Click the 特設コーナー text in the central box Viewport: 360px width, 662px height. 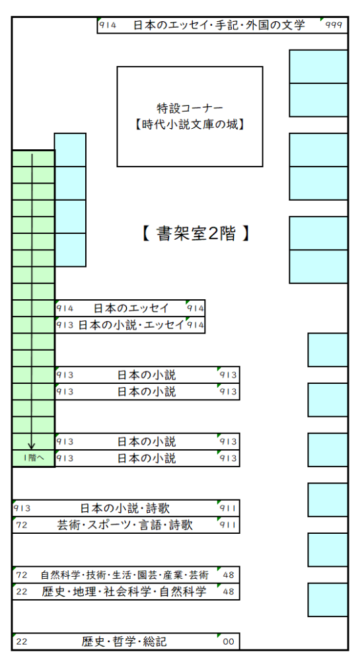pyautogui.click(x=190, y=108)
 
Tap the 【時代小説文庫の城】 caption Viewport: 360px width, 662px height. pyautogui.click(x=190, y=125)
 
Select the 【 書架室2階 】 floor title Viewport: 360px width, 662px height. pyautogui.click(x=196, y=233)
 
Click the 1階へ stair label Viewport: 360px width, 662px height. pyautogui.click(x=33, y=458)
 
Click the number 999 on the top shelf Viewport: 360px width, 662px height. pyautogui.click(x=334, y=25)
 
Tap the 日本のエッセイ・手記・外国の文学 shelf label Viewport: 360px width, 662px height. pyautogui.click(x=219, y=25)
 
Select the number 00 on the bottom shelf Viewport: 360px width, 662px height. pyautogui.click(x=229, y=642)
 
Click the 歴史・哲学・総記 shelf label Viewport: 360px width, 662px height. pyautogui.click(x=124, y=642)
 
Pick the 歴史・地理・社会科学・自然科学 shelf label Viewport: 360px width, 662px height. pyautogui.click(x=124, y=591)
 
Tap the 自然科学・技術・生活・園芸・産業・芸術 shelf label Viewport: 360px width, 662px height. pyautogui.click(x=124, y=575)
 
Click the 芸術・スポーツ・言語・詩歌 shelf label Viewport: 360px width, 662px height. pyautogui.click(x=125, y=525)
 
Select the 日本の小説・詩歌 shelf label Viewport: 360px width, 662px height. pyautogui.click(x=125, y=508)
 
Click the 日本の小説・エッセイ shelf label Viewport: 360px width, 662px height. pyautogui.click(x=131, y=325)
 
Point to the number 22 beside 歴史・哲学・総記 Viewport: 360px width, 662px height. pyautogui.click(x=22, y=642)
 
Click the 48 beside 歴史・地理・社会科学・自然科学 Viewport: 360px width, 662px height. pyautogui.click(x=229, y=591)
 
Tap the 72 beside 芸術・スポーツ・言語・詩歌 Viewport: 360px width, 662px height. pyautogui.click(x=22, y=525)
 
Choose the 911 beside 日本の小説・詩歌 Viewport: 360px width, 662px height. pyautogui.click(x=228, y=508)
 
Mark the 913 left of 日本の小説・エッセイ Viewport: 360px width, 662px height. pyautogui.click(x=65, y=325)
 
